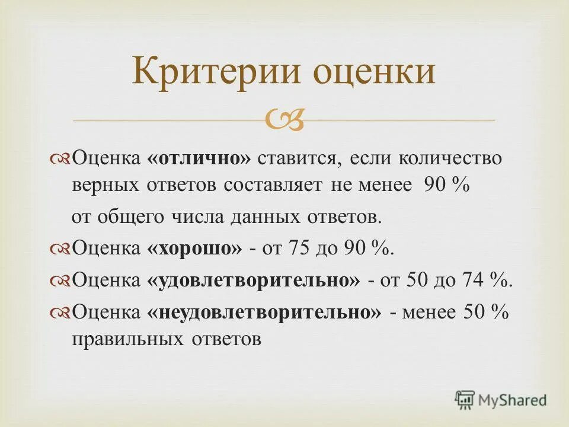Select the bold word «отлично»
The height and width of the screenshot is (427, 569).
click(x=200, y=160)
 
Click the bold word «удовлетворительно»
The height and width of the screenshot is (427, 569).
click(x=253, y=280)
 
